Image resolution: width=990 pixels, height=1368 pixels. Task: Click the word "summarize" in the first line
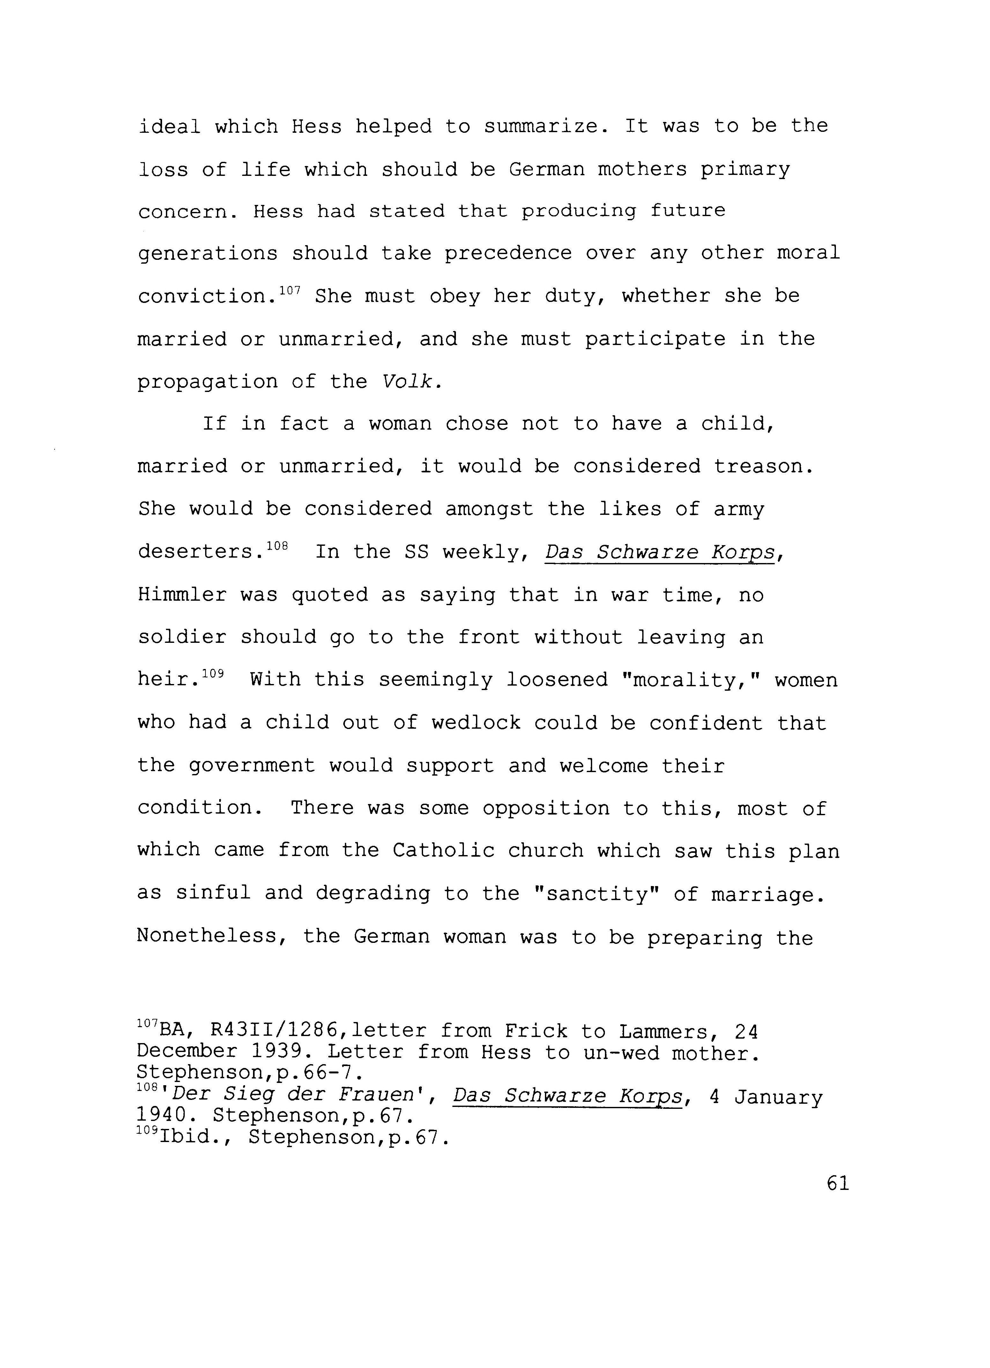click(x=546, y=127)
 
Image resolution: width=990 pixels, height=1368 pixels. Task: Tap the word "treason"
click(x=763, y=466)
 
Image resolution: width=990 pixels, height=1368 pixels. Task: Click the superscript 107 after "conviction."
click(x=290, y=290)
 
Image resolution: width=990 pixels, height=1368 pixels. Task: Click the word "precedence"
click(x=508, y=253)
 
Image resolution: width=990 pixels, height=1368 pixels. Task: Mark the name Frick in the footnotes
click(x=536, y=1032)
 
